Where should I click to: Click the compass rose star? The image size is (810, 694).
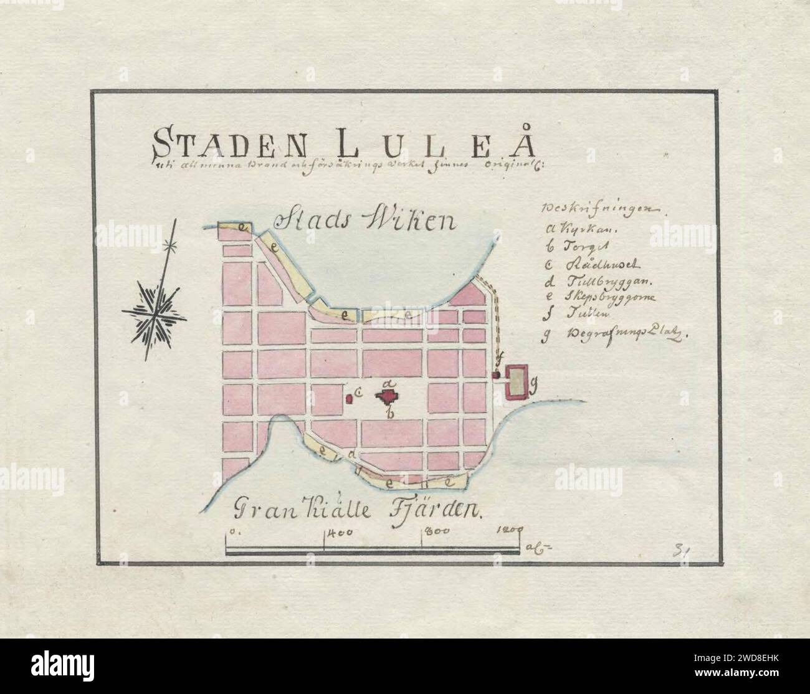(154, 310)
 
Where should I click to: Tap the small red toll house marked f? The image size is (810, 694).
(497, 375)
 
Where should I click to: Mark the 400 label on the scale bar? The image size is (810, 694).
(340, 534)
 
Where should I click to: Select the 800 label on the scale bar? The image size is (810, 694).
(437, 533)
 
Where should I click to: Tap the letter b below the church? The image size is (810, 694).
(389, 413)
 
